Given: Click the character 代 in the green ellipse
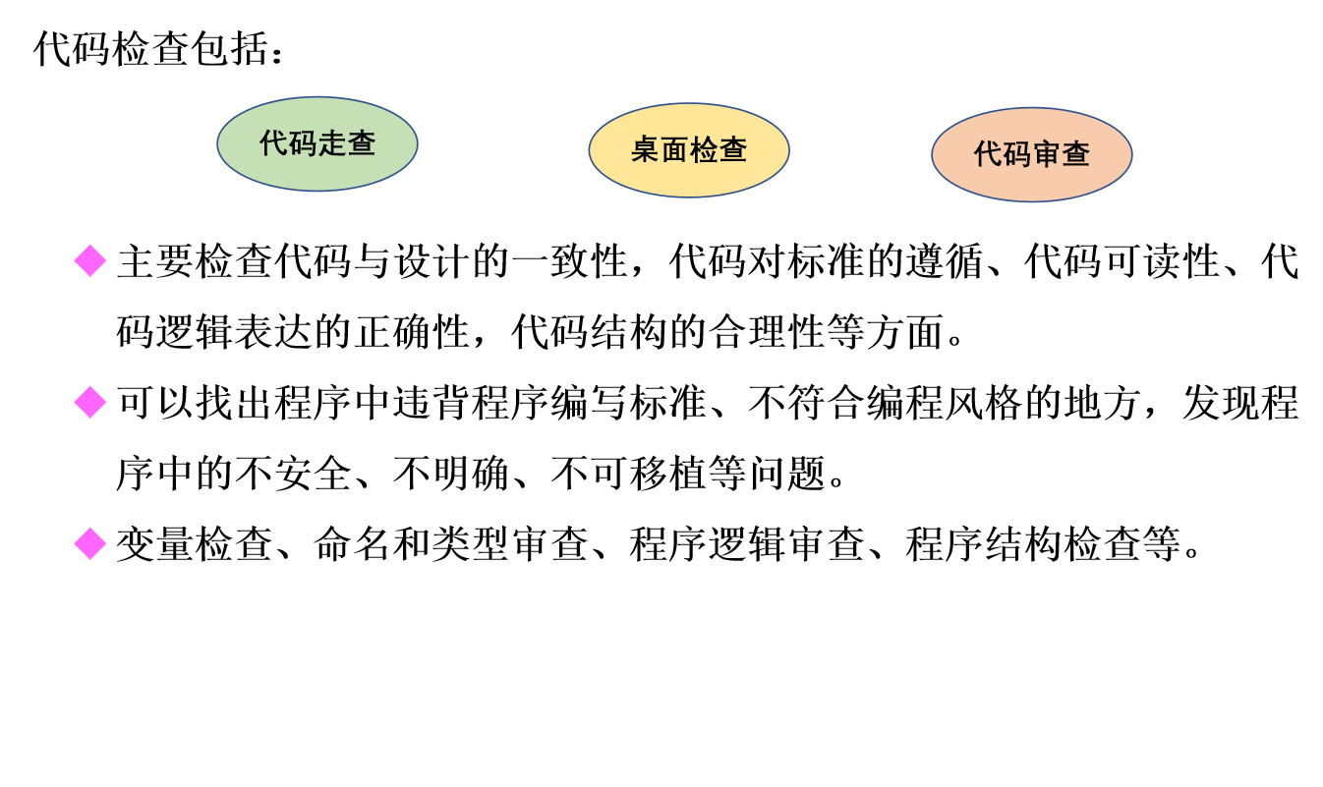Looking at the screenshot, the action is [273, 143].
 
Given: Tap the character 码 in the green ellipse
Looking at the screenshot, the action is [303, 143].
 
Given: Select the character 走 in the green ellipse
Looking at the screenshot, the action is [332, 143].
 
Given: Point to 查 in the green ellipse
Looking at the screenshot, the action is [362, 143].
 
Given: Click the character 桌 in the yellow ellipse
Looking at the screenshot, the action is [645, 150].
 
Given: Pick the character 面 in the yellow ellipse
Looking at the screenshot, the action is [674, 150].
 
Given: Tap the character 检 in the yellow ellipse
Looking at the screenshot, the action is [704, 150].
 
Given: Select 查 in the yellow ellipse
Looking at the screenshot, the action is [733, 150].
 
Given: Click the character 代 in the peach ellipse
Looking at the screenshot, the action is [988, 154].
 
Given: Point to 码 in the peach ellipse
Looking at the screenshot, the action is [1017, 154].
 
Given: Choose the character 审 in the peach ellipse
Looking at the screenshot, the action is [1047, 154].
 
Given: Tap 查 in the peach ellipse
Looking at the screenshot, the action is [1076, 154].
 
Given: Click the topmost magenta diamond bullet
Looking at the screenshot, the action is [89, 260].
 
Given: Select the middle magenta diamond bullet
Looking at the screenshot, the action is [89, 402].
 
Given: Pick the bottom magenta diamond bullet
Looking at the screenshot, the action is [89, 543].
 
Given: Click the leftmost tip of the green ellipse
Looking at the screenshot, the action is [217, 143].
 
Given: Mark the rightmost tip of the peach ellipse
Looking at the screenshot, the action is [1132, 154].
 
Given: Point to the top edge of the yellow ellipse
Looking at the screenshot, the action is [689, 103].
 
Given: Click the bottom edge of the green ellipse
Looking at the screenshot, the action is [317, 191].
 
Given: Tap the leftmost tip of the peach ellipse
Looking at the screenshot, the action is [932, 154].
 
